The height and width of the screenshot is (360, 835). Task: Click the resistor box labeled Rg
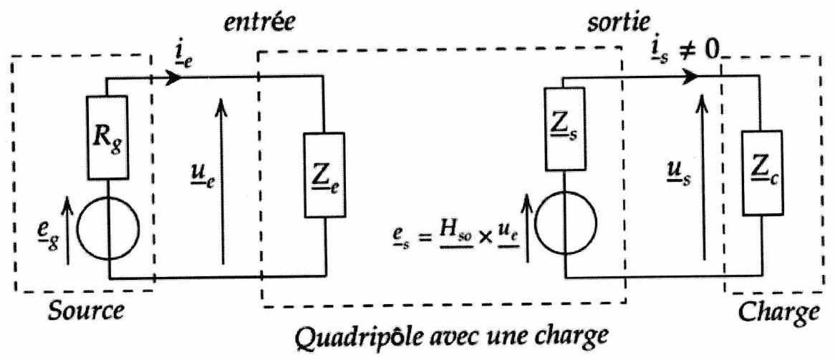110,138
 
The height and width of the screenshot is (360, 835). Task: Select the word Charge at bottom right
778,313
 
